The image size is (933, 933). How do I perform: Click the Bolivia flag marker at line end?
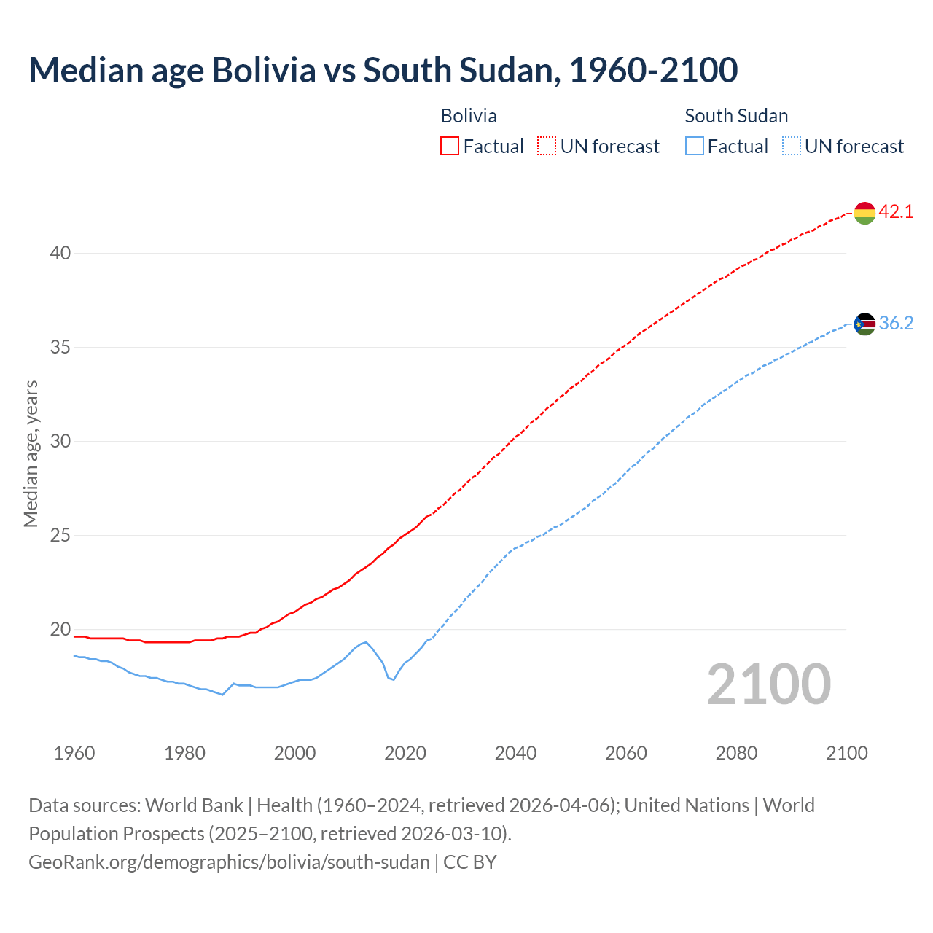coord(864,213)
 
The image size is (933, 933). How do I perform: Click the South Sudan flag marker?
coord(864,324)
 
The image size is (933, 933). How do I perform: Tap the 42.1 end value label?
coord(896,212)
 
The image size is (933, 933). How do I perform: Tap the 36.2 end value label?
coord(896,324)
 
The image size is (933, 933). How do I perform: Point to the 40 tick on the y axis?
coord(60,254)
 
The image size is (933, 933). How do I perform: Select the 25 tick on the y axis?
coord(60,536)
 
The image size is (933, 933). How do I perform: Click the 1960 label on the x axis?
coord(74,753)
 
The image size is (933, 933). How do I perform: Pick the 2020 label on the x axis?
coord(405,753)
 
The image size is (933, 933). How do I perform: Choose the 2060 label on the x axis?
coord(626,753)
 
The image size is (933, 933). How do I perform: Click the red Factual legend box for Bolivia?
coord(450,147)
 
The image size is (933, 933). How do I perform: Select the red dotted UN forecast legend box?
coord(547,147)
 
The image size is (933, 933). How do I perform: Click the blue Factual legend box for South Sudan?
coord(695,147)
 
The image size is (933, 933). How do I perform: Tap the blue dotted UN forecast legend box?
coord(792,147)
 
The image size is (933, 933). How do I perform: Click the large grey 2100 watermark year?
coord(769,684)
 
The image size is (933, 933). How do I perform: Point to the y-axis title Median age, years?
coord(31,453)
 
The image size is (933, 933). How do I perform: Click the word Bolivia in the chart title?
coord(264,70)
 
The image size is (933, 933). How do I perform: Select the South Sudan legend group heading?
coord(736,116)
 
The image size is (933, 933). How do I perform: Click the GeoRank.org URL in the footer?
coord(229,862)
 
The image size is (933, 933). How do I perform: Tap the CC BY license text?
coord(470,862)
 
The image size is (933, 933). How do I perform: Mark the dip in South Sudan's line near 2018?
coord(394,679)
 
